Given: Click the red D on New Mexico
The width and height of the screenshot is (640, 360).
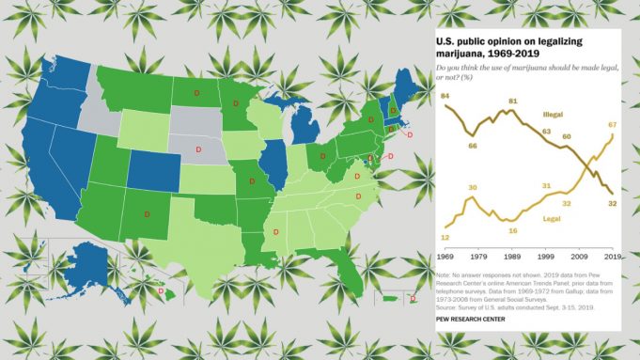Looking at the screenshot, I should pos(147,214).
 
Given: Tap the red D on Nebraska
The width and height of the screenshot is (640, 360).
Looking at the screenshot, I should pos(198,150).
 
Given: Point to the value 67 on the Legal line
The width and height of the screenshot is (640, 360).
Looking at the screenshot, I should pos(611,124).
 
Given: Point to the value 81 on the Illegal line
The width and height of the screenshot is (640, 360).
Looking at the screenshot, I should pos(513,102).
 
